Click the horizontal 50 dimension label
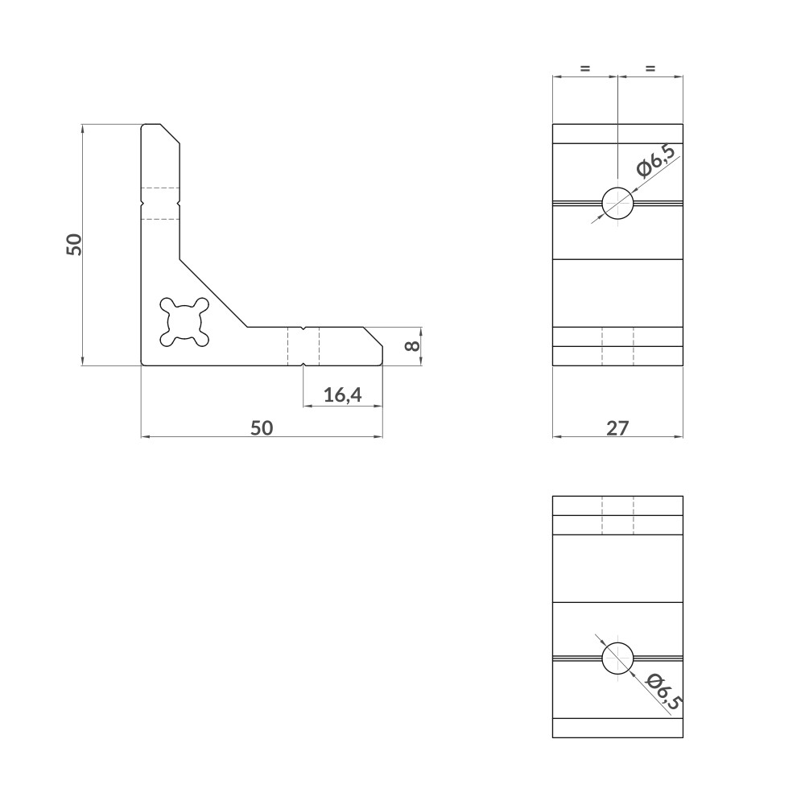262,427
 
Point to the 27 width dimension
617,427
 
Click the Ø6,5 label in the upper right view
655,160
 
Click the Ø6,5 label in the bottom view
664,691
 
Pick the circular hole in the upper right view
617,202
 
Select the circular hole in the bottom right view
617,658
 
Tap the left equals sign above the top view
585,69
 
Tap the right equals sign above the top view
650,69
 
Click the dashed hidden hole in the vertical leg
160,202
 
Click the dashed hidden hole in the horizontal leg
303,346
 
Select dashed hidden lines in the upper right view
617,346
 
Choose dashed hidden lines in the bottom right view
617,515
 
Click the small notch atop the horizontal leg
303,328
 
